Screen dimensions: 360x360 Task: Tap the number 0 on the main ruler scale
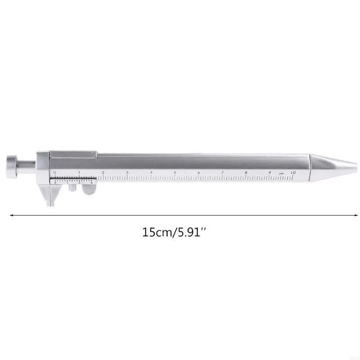tap(54, 172)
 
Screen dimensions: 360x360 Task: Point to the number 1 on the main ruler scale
tap(79, 172)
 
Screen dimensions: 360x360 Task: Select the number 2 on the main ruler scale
tap(103, 172)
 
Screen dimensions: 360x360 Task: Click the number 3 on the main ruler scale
tap(127, 172)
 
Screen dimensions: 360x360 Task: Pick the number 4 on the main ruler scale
tap(151, 172)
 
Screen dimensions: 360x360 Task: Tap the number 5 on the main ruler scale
tap(175, 172)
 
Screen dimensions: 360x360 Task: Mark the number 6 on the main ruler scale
tap(198, 172)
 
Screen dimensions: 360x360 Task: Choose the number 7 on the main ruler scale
tap(222, 172)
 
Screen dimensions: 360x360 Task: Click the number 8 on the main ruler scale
tap(246, 172)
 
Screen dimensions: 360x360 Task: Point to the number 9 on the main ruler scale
tap(270, 172)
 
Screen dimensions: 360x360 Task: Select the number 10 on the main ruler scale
tap(293, 172)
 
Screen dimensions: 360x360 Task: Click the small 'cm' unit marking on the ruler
tap(281, 173)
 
